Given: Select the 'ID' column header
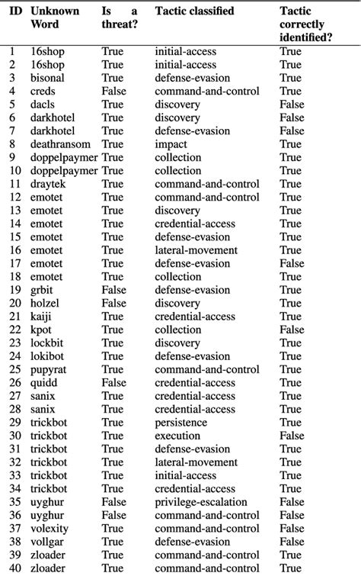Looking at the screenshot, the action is [x=15, y=11].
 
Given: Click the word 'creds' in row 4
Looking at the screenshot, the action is [x=43, y=91].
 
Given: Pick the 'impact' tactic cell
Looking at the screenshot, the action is [x=171, y=143].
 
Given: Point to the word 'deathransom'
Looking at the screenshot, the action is [x=59, y=143].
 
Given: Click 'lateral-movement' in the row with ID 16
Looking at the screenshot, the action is [x=196, y=250].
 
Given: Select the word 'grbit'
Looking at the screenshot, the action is [x=43, y=290].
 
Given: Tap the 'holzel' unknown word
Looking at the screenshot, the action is [x=45, y=303].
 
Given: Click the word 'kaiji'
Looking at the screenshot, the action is [x=42, y=317].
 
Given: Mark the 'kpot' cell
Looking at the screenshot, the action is [x=42, y=330].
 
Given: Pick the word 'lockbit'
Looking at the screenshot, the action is [x=47, y=343].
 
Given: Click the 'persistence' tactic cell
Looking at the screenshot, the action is [x=181, y=422].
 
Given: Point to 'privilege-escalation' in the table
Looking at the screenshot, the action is [x=200, y=502].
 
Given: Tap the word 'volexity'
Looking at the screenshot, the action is [x=50, y=528].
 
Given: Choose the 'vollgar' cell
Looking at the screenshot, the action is [x=47, y=542].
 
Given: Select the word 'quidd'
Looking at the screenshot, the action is [x=43, y=382].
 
